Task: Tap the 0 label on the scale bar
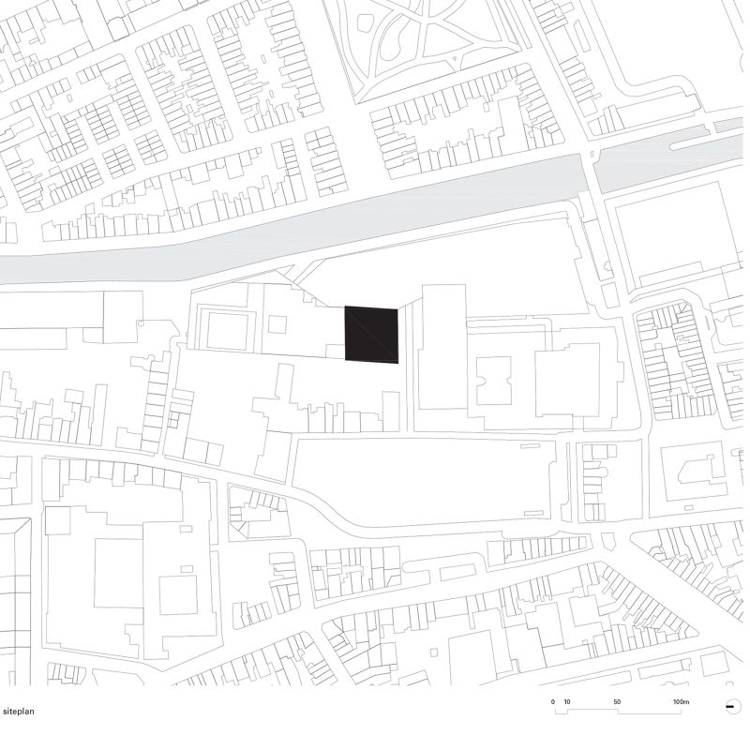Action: pyautogui.click(x=553, y=701)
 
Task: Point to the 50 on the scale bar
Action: pyautogui.click(x=617, y=701)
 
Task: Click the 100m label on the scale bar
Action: pyautogui.click(x=680, y=701)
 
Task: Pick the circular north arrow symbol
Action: pyautogui.click(x=728, y=707)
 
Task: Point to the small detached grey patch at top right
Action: pyautogui.click(x=727, y=125)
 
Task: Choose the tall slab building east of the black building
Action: pyautogui.click(x=442, y=347)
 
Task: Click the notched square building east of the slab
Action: pyautogui.click(x=494, y=380)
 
